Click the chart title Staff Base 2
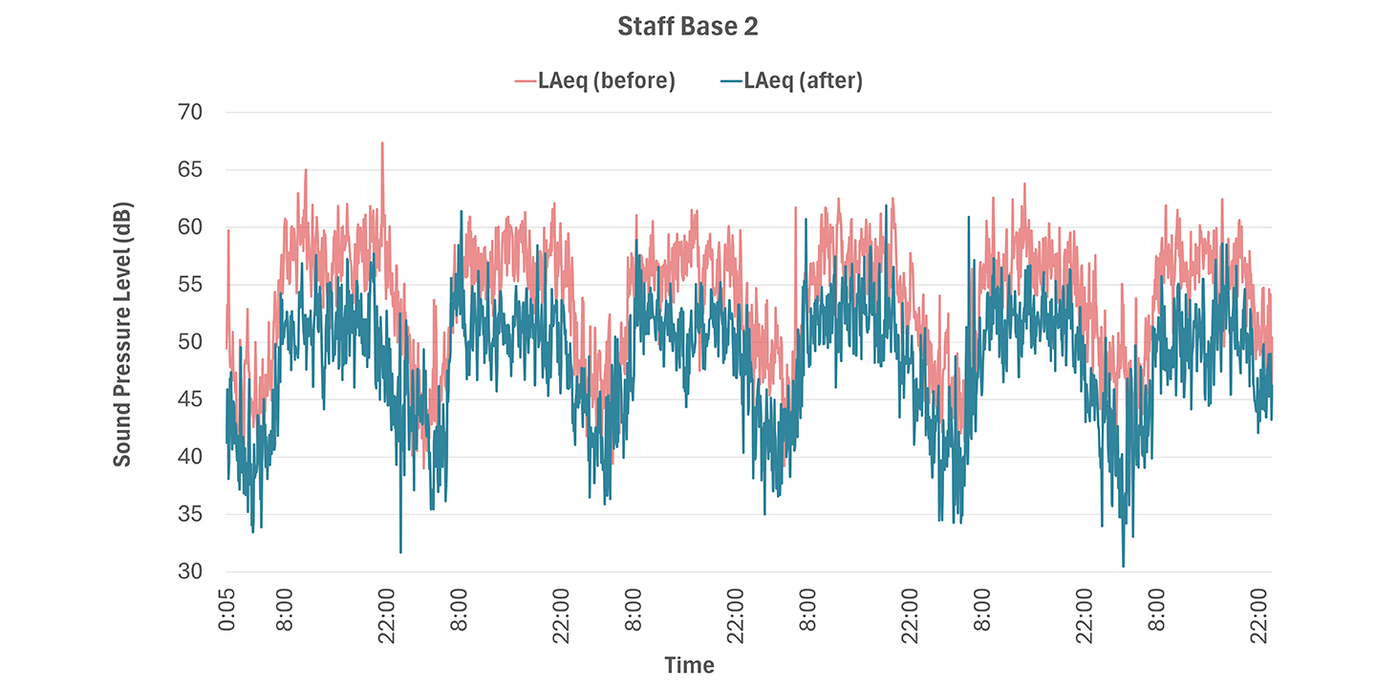tap(687, 28)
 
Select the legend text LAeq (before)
tap(606, 81)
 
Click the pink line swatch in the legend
tap(525, 82)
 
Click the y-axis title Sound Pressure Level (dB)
tap(122, 334)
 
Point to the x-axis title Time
tap(689, 665)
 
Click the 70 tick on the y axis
tap(190, 113)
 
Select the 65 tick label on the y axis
tap(190, 170)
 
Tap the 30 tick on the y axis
tap(190, 571)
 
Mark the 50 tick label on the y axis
tap(190, 342)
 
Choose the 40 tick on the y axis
tap(190, 457)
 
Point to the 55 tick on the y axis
tap(190, 285)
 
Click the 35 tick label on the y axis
tap(190, 514)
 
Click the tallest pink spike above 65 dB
tap(382, 144)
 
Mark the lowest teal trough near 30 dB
tap(1123, 565)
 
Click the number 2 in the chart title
tap(751, 28)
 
